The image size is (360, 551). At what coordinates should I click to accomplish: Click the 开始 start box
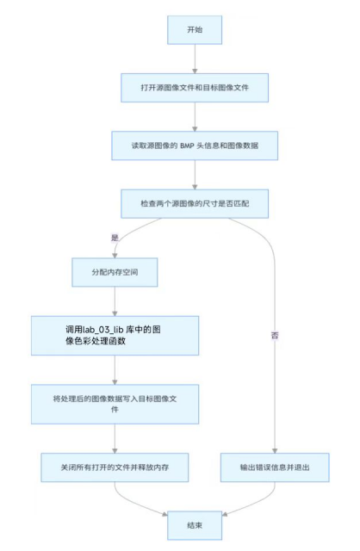tap(196, 29)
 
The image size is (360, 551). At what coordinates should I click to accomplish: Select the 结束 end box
tap(196, 523)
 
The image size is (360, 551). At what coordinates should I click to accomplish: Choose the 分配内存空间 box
tap(115, 271)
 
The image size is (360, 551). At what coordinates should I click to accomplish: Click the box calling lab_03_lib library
tap(115, 335)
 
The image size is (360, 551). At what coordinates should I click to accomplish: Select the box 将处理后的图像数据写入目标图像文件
tap(115, 403)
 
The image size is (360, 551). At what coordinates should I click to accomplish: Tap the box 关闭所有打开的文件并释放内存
tap(115, 467)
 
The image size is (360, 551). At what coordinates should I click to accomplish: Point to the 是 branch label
tap(115, 237)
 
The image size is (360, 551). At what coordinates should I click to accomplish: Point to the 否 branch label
tap(274, 335)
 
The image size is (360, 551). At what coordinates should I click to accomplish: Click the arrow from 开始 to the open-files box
tap(196, 58)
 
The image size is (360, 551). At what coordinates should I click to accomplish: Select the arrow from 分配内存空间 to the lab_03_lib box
tap(115, 301)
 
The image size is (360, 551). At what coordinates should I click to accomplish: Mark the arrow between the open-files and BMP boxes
tap(196, 115)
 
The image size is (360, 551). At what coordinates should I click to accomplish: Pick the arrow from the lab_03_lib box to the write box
tap(115, 370)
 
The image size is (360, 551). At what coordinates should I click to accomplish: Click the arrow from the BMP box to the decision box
tap(196, 174)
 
